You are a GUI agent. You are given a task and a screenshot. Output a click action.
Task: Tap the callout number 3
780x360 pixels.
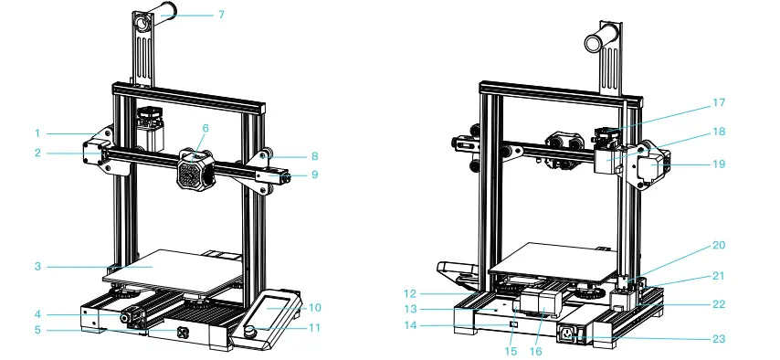(x=38, y=266)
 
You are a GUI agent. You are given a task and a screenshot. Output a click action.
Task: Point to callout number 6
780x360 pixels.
(x=206, y=129)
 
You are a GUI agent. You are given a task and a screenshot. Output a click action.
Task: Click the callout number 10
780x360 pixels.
(x=315, y=307)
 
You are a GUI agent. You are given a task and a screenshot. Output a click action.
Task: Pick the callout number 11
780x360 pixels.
(x=315, y=326)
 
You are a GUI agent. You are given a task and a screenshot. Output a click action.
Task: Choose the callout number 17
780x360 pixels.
(x=719, y=103)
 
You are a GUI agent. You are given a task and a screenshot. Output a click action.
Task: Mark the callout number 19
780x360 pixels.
(x=719, y=164)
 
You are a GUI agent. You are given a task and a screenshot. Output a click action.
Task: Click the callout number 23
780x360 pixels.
(x=719, y=339)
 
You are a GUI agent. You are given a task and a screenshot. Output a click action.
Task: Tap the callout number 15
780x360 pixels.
(x=509, y=351)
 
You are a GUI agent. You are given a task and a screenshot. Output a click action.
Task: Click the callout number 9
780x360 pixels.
(x=314, y=174)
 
